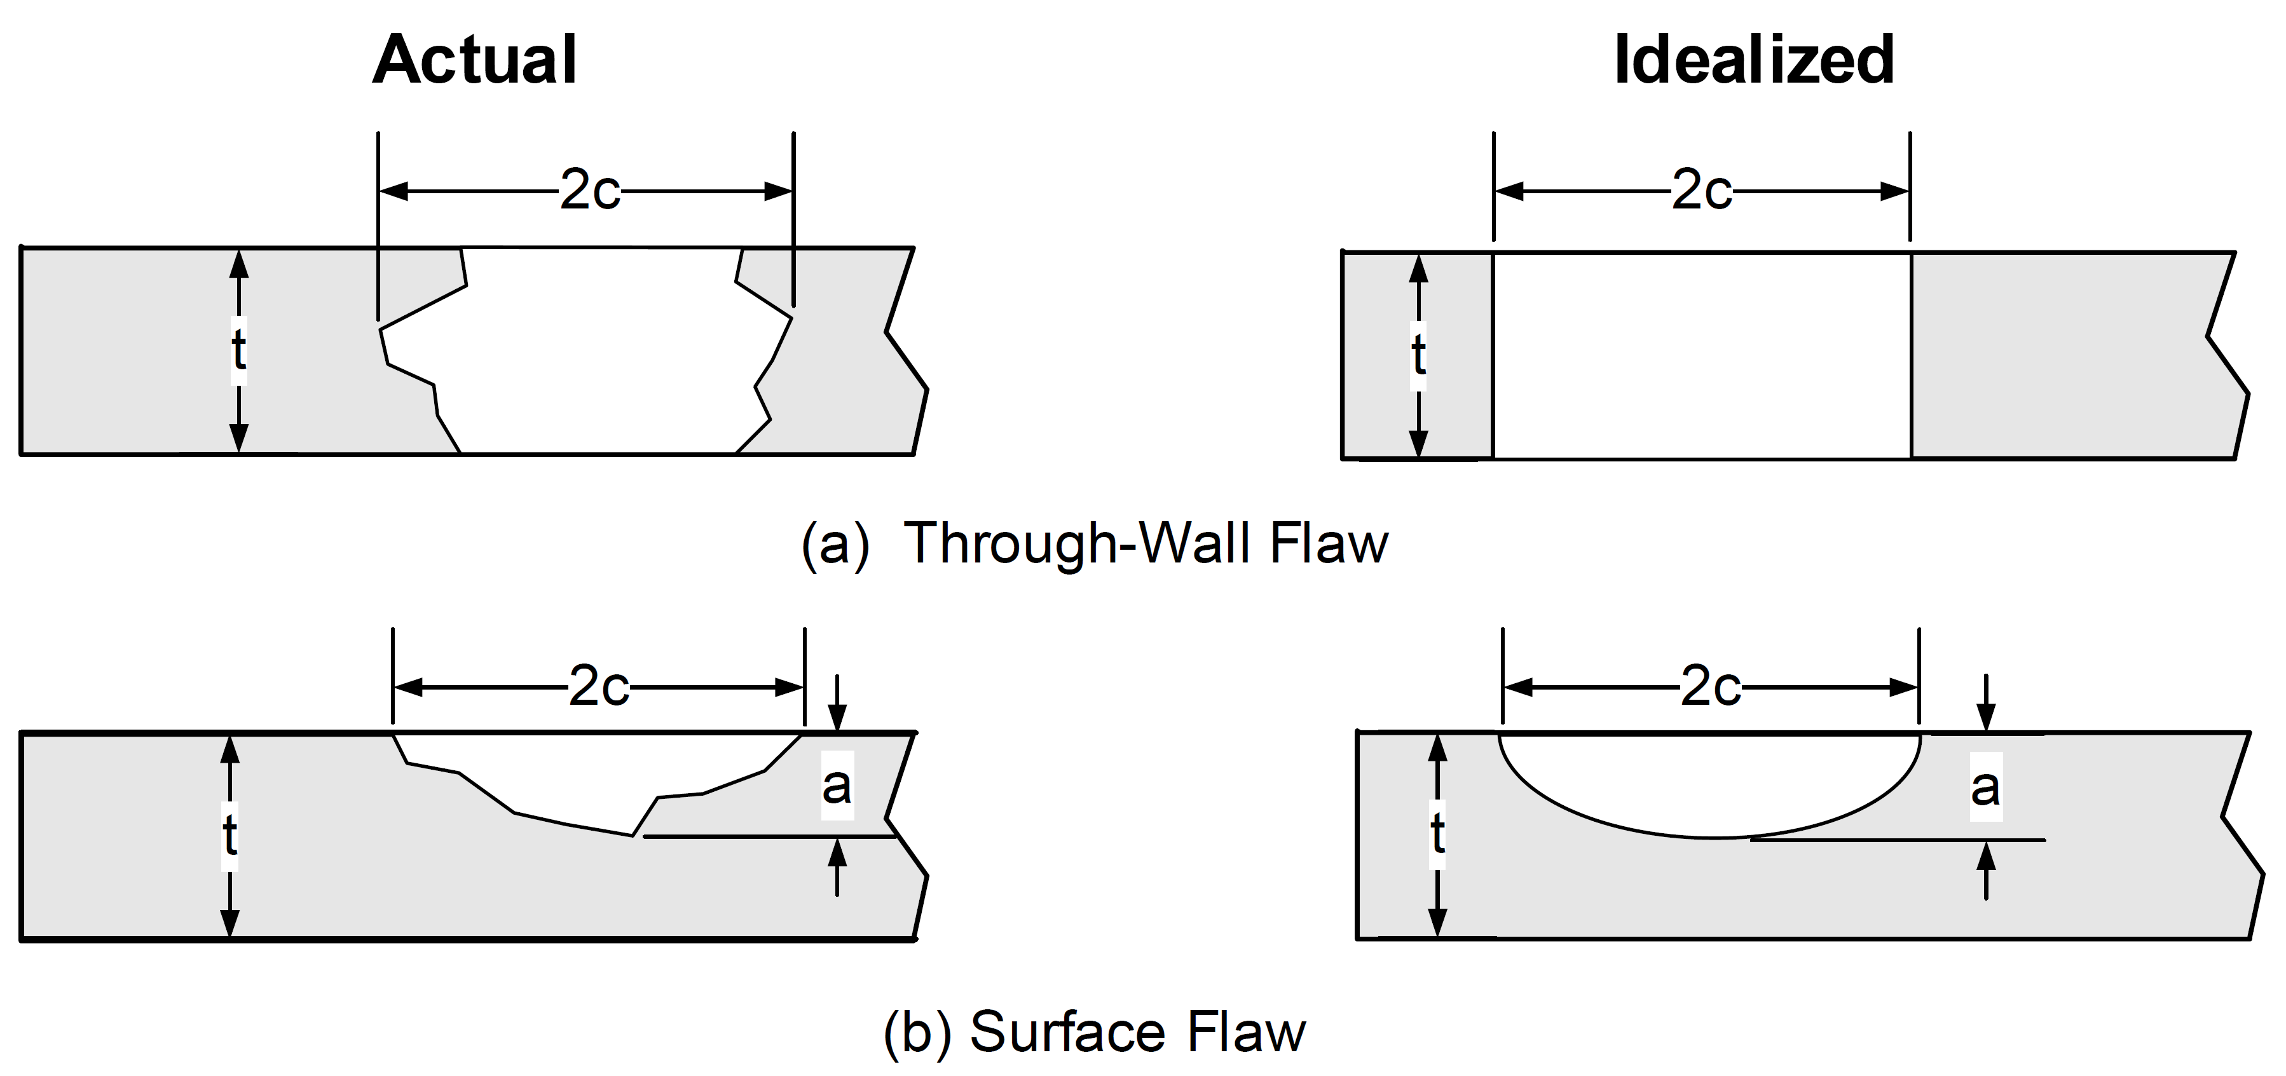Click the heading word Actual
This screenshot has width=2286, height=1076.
click(475, 60)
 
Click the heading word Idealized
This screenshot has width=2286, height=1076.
click(1753, 60)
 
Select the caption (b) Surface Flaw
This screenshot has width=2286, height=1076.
click(1094, 1032)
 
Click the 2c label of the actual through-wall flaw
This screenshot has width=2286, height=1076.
click(590, 191)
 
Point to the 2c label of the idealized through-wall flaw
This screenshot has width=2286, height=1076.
click(1702, 191)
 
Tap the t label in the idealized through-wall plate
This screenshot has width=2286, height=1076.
click(1419, 355)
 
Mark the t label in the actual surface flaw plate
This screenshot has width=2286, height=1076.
click(230, 836)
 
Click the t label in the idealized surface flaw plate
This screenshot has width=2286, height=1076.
click(1439, 834)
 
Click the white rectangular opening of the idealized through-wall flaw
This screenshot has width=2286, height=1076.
click(1702, 355)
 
